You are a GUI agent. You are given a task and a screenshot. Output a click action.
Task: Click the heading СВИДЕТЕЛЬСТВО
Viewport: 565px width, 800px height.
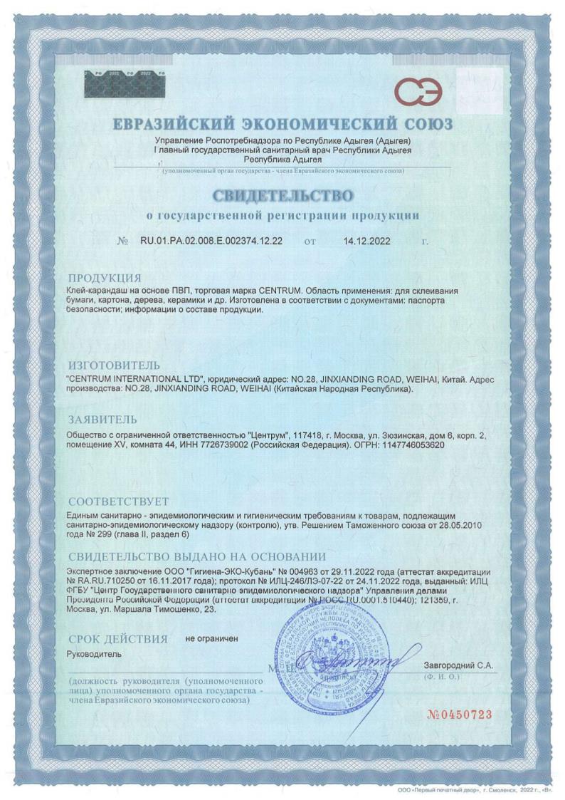point(282,194)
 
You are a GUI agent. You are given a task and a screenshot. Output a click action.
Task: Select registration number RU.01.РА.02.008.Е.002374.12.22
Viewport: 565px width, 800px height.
point(211,241)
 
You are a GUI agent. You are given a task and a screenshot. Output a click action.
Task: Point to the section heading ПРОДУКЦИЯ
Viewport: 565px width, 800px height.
point(104,278)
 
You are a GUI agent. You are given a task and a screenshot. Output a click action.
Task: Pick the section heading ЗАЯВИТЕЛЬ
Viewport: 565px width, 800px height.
point(102,419)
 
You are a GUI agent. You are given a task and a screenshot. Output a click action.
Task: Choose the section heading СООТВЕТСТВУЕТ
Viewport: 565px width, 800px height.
point(118,501)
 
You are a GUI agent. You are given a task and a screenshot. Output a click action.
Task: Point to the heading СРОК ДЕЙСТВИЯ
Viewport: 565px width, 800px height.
point(117,638)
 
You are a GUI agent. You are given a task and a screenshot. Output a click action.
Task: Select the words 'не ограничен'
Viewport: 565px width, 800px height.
point(212,638)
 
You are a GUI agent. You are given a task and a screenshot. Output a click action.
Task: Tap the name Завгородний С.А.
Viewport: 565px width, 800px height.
point(458,665)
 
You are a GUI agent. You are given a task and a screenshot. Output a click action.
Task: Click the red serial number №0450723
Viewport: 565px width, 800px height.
point(459,715)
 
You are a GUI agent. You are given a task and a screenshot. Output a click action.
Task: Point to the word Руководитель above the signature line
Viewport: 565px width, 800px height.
point(94,653)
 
